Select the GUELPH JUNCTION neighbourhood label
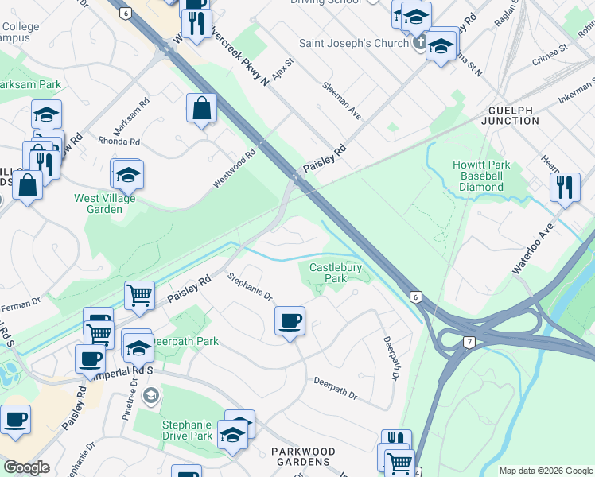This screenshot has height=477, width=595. (x=510, y=115)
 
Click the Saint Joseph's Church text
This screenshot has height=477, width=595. (x=353, y=43)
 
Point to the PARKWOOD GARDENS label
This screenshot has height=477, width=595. (x=303, y=457)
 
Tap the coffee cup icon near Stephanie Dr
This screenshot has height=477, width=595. (x=290, y=320)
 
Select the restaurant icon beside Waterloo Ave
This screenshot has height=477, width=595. (x=565, y=188)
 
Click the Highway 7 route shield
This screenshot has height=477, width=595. (x=469, y=341)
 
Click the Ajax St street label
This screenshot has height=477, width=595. (x=285, y=60)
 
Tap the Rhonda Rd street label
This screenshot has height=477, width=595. (x=119, y=142)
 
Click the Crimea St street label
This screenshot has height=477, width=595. (x=550, y=48)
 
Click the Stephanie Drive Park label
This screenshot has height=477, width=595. (x=187, y=430)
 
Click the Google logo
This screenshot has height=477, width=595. (x=27, y=467)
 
